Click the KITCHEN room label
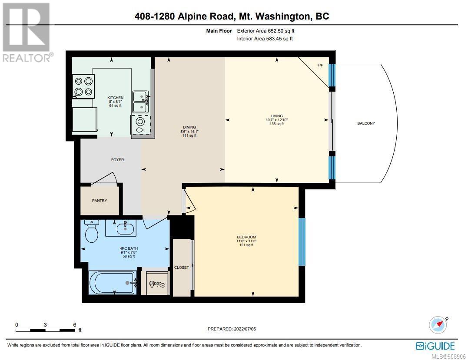pyautogui.click(x=116, y=98)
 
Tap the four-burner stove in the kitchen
pyautogui.click(x=83, y=86)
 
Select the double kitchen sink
pyautogui.click(x=141, y=102)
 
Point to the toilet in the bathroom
pyautogui.click(x=92, y=231)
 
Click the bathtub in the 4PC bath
pyautogui.click(x=113, y=283)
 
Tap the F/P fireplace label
pyautogui.click(x=320, y=65)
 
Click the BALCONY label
pyautogui.click(x=366, y=123)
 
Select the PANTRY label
pyautogui.click(x=100, y=201)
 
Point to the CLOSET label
pyautogui.click(x=182, y=268)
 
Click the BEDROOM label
pyautogui.click(x=246, y=237)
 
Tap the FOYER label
pyautogui.click(x=118, y=160)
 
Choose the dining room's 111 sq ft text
pyautogui.click(x=189, y=135)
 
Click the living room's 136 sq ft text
pyautogui.click(x=277, y=124)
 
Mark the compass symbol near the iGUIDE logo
pyautogui.click(x=438, y=324)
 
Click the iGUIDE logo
pyautogui.click(x=435, y=346)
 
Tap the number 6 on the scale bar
pyautogui.click(x=75, y=325)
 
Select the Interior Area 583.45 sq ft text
pyautogui.click(x=265, y=39)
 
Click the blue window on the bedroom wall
pyautogui.click(x=302, y=241)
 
